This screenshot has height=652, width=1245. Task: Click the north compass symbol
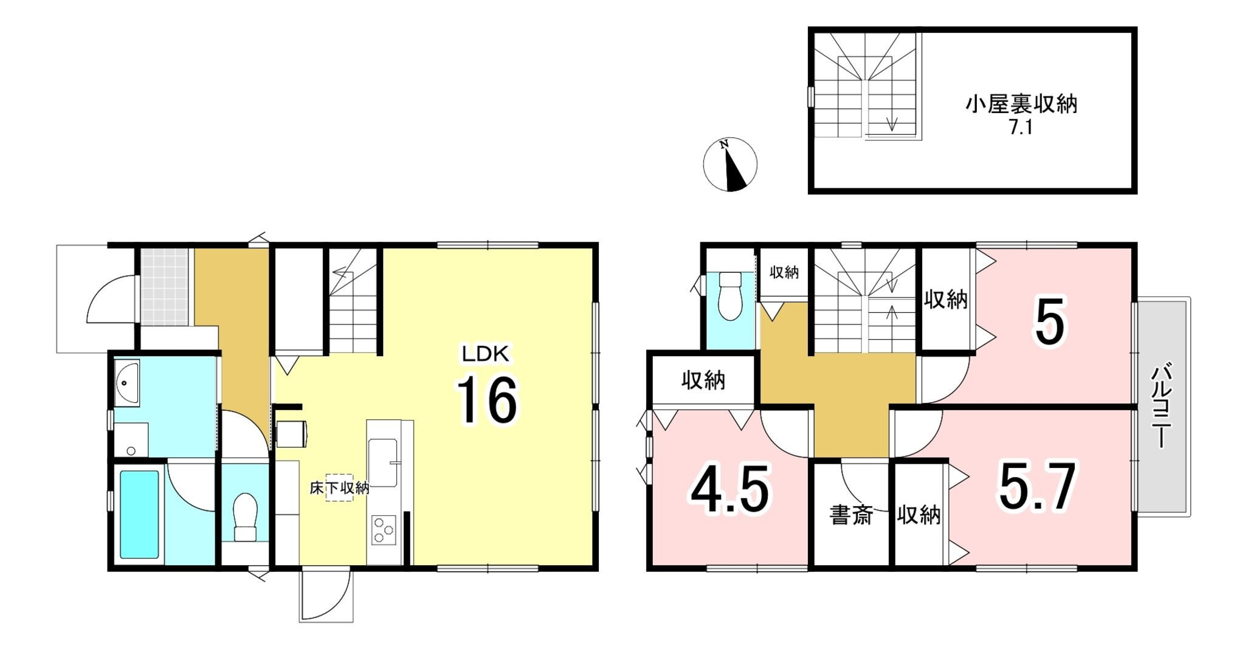(730, 164)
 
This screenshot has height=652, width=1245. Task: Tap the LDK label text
(485, 354)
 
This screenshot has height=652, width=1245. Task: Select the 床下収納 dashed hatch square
(339, 487)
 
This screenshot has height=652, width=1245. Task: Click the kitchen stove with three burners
(384, 529)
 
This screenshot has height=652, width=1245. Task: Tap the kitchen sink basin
(383, 462)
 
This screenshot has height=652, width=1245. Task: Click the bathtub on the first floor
(139, 514)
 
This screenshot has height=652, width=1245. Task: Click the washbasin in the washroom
(126, 383)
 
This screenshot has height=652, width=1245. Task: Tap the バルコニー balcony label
(1162, 405)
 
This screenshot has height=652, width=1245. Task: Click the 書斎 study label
(851, 515)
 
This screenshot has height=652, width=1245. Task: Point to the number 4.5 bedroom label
(730, 489)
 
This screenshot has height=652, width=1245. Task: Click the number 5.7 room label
(1038, 486)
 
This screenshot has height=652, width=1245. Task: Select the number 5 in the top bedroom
(1050, 321)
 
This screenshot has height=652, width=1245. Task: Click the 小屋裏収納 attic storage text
(1021, 104)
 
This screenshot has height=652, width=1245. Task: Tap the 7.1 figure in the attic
(1021, 128)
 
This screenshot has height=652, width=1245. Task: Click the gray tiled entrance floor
(164, 287)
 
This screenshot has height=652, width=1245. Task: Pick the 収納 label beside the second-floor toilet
(784, 272)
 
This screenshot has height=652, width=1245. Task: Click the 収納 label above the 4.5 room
(703, 380)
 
